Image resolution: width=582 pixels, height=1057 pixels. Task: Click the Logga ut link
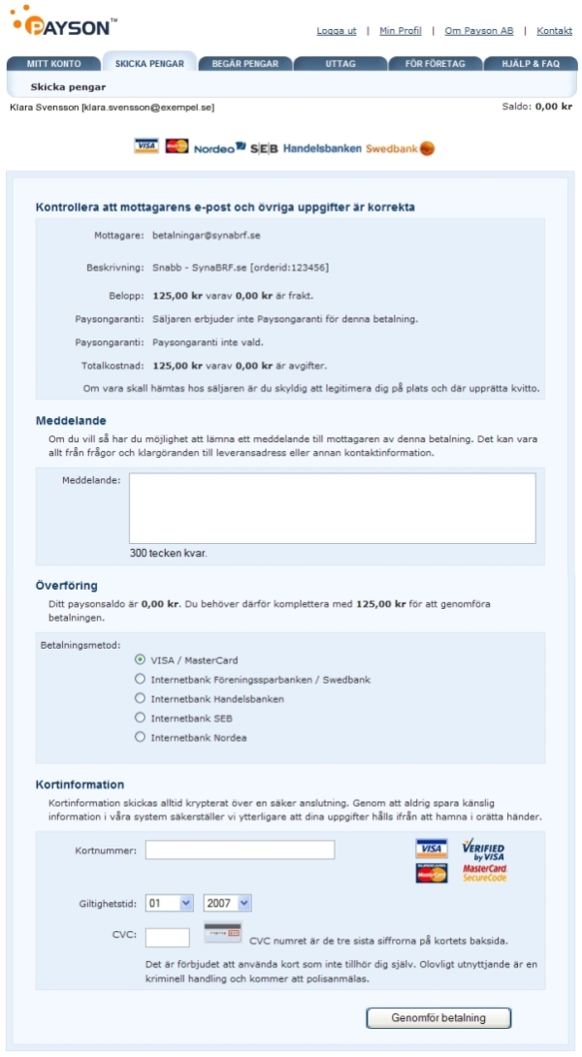[x=336, y=31]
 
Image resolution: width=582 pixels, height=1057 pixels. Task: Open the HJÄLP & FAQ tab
[x=531, y=64]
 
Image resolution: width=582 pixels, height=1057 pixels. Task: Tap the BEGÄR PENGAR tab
[x=244, y=64]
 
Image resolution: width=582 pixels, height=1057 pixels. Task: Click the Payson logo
[x=64, y=21]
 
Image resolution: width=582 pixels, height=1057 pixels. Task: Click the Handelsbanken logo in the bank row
[x=322, y=148]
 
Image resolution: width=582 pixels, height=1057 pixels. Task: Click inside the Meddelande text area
[x=332, y=508]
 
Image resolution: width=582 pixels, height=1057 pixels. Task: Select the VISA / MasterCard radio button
[x=141, y=660]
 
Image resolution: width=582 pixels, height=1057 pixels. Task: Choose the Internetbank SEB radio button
[x=141, y=718]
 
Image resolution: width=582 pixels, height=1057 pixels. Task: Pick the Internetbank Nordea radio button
[x=141, y=737]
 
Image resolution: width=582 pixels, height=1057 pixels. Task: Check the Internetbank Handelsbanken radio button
[x=141, y=698]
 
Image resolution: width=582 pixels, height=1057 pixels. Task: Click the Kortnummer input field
[x=240, y=850]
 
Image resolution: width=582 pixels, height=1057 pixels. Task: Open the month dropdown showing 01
[x=170, y=903]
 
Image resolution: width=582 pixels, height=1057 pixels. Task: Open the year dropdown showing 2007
[x=228, y=903]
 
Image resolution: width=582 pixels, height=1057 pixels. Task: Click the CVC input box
[x=167, y=937]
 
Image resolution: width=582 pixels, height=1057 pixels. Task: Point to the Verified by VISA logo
[x=482, y=849]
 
